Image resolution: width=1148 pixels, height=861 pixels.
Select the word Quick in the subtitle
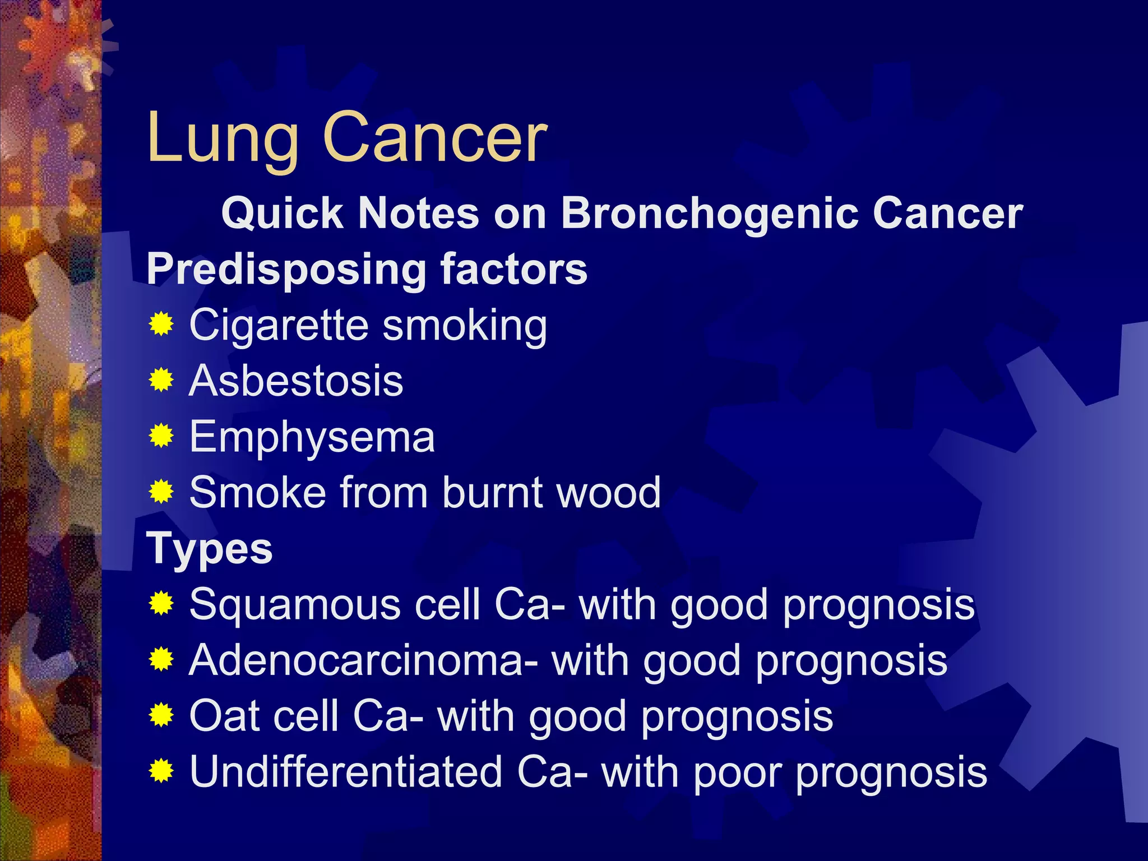click(x=282, y=214)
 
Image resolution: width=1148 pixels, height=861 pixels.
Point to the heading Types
click(x=210, y=549)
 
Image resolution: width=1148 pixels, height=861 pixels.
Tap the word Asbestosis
click(x=296, y=381)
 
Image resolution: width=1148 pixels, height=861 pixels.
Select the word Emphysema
click(x=312, y=438)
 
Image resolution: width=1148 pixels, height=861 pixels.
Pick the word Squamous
click(x=294, y=605)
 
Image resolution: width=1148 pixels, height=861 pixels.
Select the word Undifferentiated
click(x=345, y=772)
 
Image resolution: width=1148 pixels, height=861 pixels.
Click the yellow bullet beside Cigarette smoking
click(x=161, y=325)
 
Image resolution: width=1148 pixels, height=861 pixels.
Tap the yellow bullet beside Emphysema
click(x=161, y=436)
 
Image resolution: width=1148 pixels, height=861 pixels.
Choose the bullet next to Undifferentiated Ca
click(x=161, y=771)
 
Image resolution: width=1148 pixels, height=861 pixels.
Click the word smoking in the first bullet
click(x=465, y=326)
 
